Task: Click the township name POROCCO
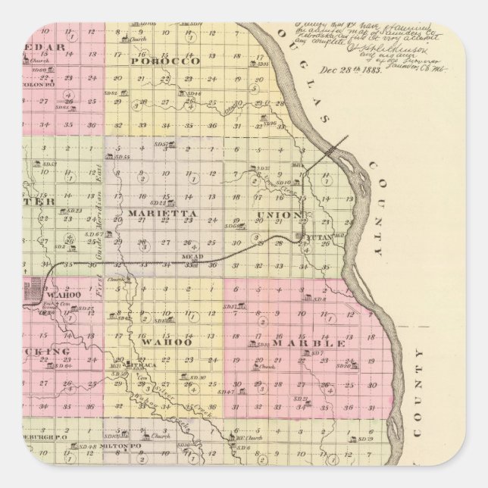(164, 60)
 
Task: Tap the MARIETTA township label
(162, 214)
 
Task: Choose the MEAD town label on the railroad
(191, 258)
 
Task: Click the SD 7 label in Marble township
(318, 353)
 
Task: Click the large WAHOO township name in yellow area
(174, 343)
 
